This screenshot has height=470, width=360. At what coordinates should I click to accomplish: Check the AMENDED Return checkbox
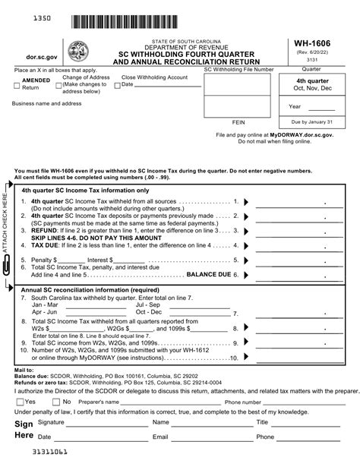(16, 88)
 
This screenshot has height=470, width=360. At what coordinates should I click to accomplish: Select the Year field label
(295, 106)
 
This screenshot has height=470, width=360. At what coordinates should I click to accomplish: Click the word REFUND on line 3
(43, 230)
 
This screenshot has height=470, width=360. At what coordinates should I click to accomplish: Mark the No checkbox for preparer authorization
(55, 402)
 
